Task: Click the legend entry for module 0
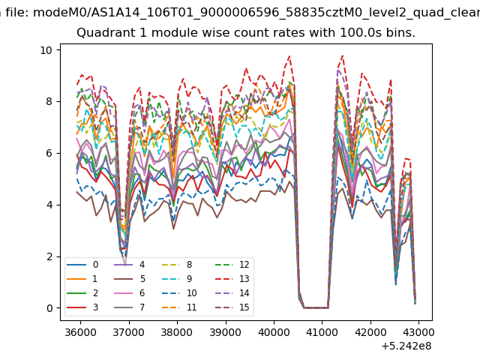coord(82,265)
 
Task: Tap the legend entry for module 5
coord(130,279)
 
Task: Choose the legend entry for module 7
coord(130,307)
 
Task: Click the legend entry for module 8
coord(178,265)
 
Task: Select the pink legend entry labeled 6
coord(130,293)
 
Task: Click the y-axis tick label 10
coord(46,50)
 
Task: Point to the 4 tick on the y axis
coord(49,205)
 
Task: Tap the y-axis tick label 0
coord(49,308)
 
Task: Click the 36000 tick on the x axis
coord(80,332)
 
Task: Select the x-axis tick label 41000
coord(322,332)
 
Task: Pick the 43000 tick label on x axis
coord(418,332)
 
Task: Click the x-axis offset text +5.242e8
coord(406,346)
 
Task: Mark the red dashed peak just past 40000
coord(289,56)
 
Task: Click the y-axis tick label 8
coord(49,101)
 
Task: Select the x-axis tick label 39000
coord(225,332)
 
